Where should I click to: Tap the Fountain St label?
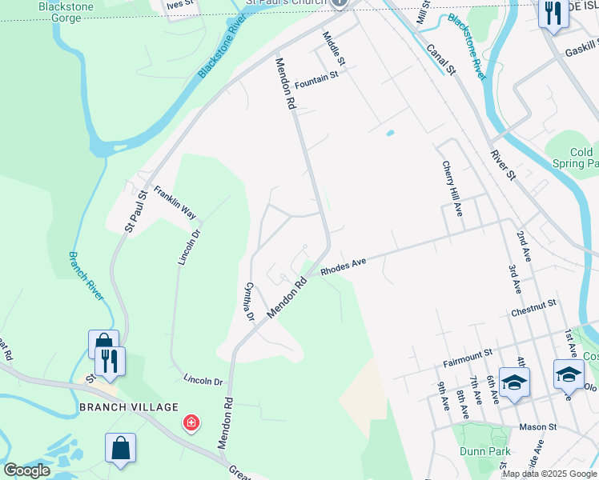316,79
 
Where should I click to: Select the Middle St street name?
333,50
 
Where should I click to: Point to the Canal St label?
440,59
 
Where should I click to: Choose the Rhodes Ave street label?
344,266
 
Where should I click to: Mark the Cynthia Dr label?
249,302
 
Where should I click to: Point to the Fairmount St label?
466,352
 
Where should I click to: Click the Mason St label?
537,427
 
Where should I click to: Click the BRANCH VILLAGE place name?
128,407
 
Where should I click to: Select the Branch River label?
85,276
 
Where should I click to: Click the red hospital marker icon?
191,422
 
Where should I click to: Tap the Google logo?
26,470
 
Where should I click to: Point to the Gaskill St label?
576,50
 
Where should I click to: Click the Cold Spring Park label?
582,158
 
